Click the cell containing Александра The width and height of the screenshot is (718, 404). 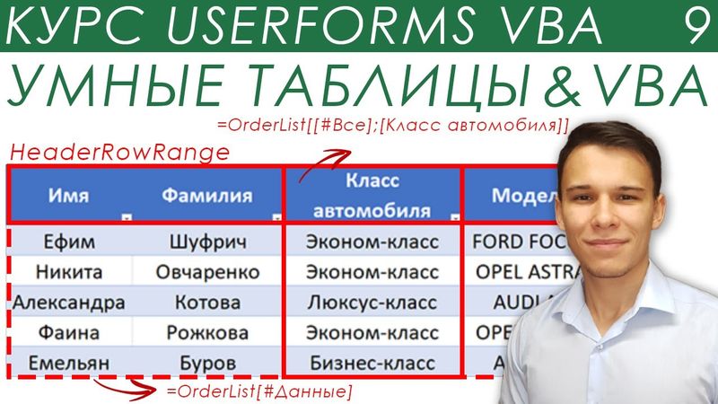click(x=68, y=302)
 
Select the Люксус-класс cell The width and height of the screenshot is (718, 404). click(x=372, y=302)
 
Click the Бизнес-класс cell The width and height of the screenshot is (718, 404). click(x=372, y=363)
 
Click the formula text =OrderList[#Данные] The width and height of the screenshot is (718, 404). click(x=259, y=391)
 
